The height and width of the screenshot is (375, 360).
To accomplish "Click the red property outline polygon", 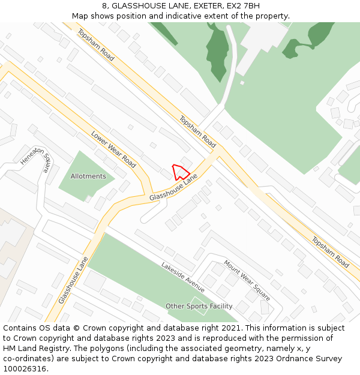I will click(x=179, y=172).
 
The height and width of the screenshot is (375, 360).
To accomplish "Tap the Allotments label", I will click(x=88, y=176).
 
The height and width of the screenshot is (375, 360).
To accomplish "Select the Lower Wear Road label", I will click(x=113, y=149).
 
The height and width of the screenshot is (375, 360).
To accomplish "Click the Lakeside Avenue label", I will click(x=182, y=273).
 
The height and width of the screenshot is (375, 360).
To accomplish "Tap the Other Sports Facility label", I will click(x=199, y=306).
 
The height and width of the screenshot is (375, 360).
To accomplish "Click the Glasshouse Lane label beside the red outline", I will click(x=173, y=188).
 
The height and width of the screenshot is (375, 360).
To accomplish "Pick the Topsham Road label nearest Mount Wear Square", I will click(x=330, y=252).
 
